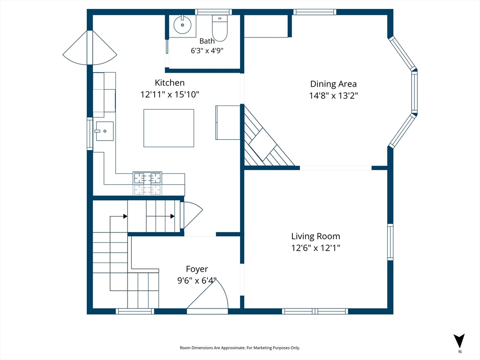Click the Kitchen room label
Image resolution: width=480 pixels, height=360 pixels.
(170, 82)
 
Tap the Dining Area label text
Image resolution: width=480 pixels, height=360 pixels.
(333, 84)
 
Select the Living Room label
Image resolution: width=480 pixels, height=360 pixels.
(315, 236)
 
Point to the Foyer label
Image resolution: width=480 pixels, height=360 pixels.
(197, 269)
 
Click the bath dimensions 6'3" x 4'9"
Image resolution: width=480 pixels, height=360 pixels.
(207, 51)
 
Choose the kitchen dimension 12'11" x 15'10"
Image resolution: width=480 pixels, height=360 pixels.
(170, 94)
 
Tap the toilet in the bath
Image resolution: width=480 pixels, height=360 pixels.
(220, 28)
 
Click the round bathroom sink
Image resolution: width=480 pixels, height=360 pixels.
(182, 25)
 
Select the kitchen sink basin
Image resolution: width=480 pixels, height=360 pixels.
(105, 131)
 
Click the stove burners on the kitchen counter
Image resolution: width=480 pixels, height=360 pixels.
(147, 183)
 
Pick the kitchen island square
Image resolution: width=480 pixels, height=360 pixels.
(169, 128)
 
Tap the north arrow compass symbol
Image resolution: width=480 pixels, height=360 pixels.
(459, 341)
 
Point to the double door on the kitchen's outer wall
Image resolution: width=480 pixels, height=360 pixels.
(90, 48)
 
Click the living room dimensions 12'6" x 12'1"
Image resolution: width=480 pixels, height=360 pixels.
(315, 247)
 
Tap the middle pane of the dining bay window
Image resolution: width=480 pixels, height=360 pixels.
(414, 92)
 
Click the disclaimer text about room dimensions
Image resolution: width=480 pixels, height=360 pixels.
(240, 348)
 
